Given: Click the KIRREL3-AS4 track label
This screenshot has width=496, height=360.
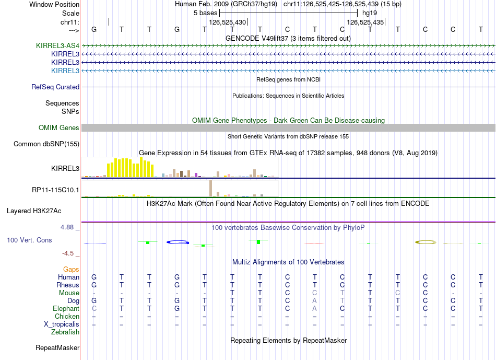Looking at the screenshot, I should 57,45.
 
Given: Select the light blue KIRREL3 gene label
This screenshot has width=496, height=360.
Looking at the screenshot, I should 65,71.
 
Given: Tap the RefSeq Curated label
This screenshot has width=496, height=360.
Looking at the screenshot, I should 55,87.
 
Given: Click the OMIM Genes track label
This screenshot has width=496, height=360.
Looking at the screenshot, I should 59,128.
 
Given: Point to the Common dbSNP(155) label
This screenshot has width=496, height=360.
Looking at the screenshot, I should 46,144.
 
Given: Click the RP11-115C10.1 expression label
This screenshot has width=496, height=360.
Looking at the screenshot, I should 56,190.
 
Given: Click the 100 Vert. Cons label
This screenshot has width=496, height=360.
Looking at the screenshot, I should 29,240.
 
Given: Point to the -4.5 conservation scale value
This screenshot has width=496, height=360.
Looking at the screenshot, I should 68,253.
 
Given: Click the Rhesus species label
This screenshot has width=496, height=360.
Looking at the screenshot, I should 68,285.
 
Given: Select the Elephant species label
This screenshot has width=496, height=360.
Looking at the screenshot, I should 66,309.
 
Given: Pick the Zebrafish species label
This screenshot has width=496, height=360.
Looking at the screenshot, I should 65,332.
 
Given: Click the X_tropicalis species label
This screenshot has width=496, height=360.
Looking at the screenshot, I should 62,324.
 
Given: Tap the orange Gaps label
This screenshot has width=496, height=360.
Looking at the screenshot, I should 71,269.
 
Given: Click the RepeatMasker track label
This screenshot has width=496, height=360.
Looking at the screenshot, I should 57,347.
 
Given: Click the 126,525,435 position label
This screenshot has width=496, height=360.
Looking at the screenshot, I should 365,22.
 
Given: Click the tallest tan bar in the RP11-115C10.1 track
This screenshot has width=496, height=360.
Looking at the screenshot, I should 210,188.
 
